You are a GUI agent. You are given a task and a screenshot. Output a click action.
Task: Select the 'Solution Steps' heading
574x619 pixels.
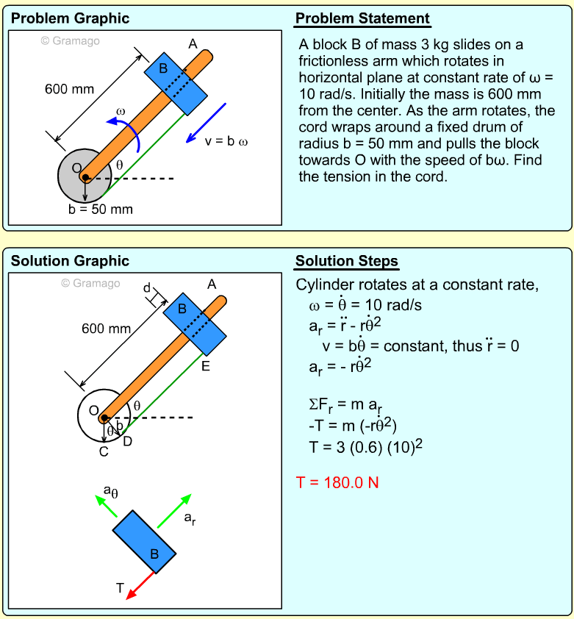click(x=346, y=262)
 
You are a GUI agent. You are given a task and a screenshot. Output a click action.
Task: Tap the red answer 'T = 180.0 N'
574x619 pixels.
click(x=337, y=483)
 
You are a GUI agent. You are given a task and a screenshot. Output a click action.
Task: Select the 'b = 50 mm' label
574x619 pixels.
click(x=101, y=210)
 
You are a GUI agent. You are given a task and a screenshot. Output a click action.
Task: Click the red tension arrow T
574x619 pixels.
click(x=140, y=586)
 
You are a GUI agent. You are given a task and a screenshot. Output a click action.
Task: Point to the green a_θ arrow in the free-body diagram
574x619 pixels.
click(x=107, y=507)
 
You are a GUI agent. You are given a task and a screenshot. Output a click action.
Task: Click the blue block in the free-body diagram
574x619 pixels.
click(x=145, y=542)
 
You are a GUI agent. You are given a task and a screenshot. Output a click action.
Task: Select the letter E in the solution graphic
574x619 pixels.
click(x=206, y=366)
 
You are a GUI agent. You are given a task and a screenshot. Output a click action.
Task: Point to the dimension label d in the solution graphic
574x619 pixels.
click(x=147, y=287)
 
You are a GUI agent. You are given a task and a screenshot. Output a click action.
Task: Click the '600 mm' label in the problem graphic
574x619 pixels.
click(x=70, y=90)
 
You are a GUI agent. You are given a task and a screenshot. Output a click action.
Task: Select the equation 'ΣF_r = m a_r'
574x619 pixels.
click(x=346, y=405)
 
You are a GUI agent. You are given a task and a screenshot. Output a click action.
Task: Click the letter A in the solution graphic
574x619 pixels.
click(x=212, y=285)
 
